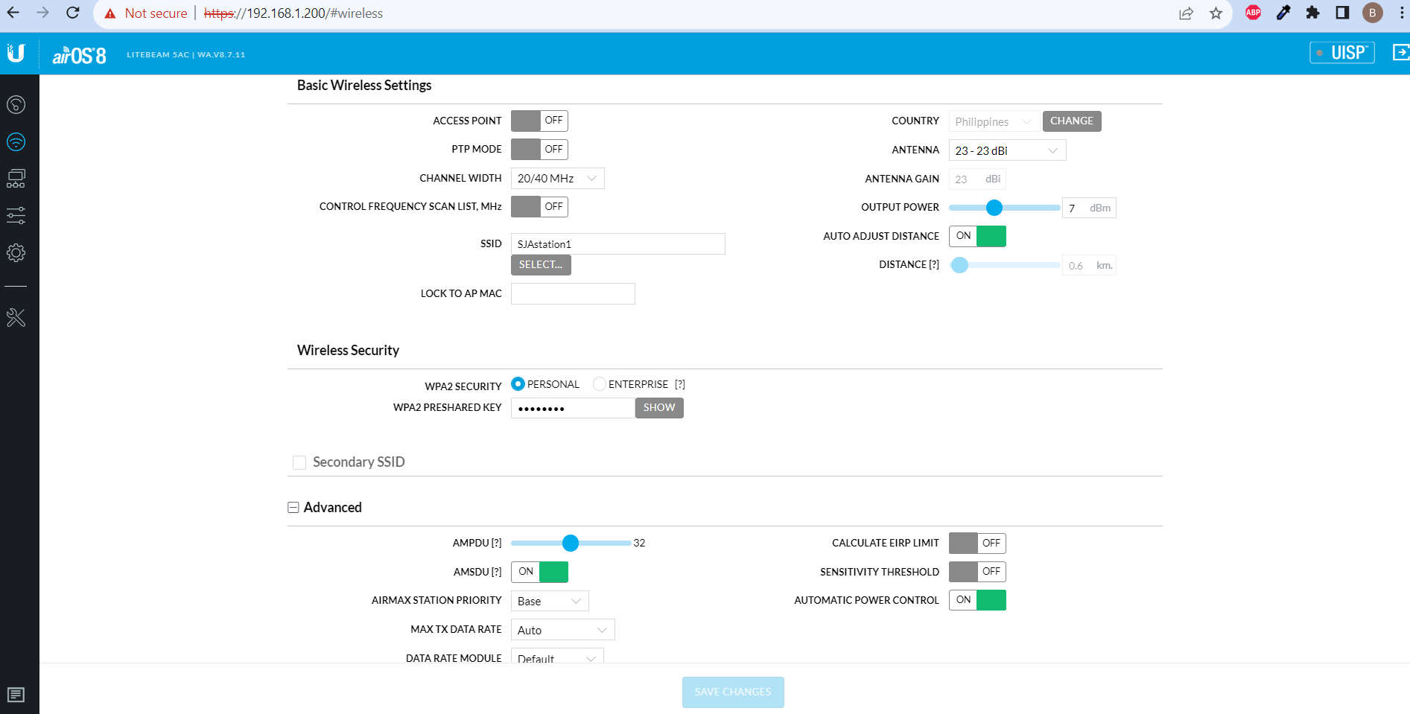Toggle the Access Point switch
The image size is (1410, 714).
click(x=539, y=121)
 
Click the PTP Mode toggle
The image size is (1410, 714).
click(x=539, y=150)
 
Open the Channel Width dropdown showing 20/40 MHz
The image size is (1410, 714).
click(x=557, y=179)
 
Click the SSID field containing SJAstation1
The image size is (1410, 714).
click(x=617, y=244)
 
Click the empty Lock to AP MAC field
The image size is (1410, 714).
click(x=573, y=294)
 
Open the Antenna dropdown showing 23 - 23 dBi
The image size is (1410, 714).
click(x=1007, y=150)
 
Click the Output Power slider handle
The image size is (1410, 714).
click(x=994, y=208)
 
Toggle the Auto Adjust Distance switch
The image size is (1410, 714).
click(x=977, y=236)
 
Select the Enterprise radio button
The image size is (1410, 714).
click(x=600, y=384)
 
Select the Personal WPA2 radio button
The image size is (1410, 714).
click(x=518, y=384)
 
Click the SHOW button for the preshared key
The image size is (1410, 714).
click(x=659, y=408)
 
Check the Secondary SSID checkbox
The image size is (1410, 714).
click(x=299, y=462)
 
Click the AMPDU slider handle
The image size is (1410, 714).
click(x=571, y=544)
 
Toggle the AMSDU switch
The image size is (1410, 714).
click(x=539, y=572)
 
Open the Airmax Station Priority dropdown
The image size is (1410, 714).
click(x=550, y=601)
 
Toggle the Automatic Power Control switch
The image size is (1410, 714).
click(x=977, y=600)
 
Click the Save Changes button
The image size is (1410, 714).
click(x=733, y=692)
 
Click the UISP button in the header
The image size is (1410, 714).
click(x=1342, y=53)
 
